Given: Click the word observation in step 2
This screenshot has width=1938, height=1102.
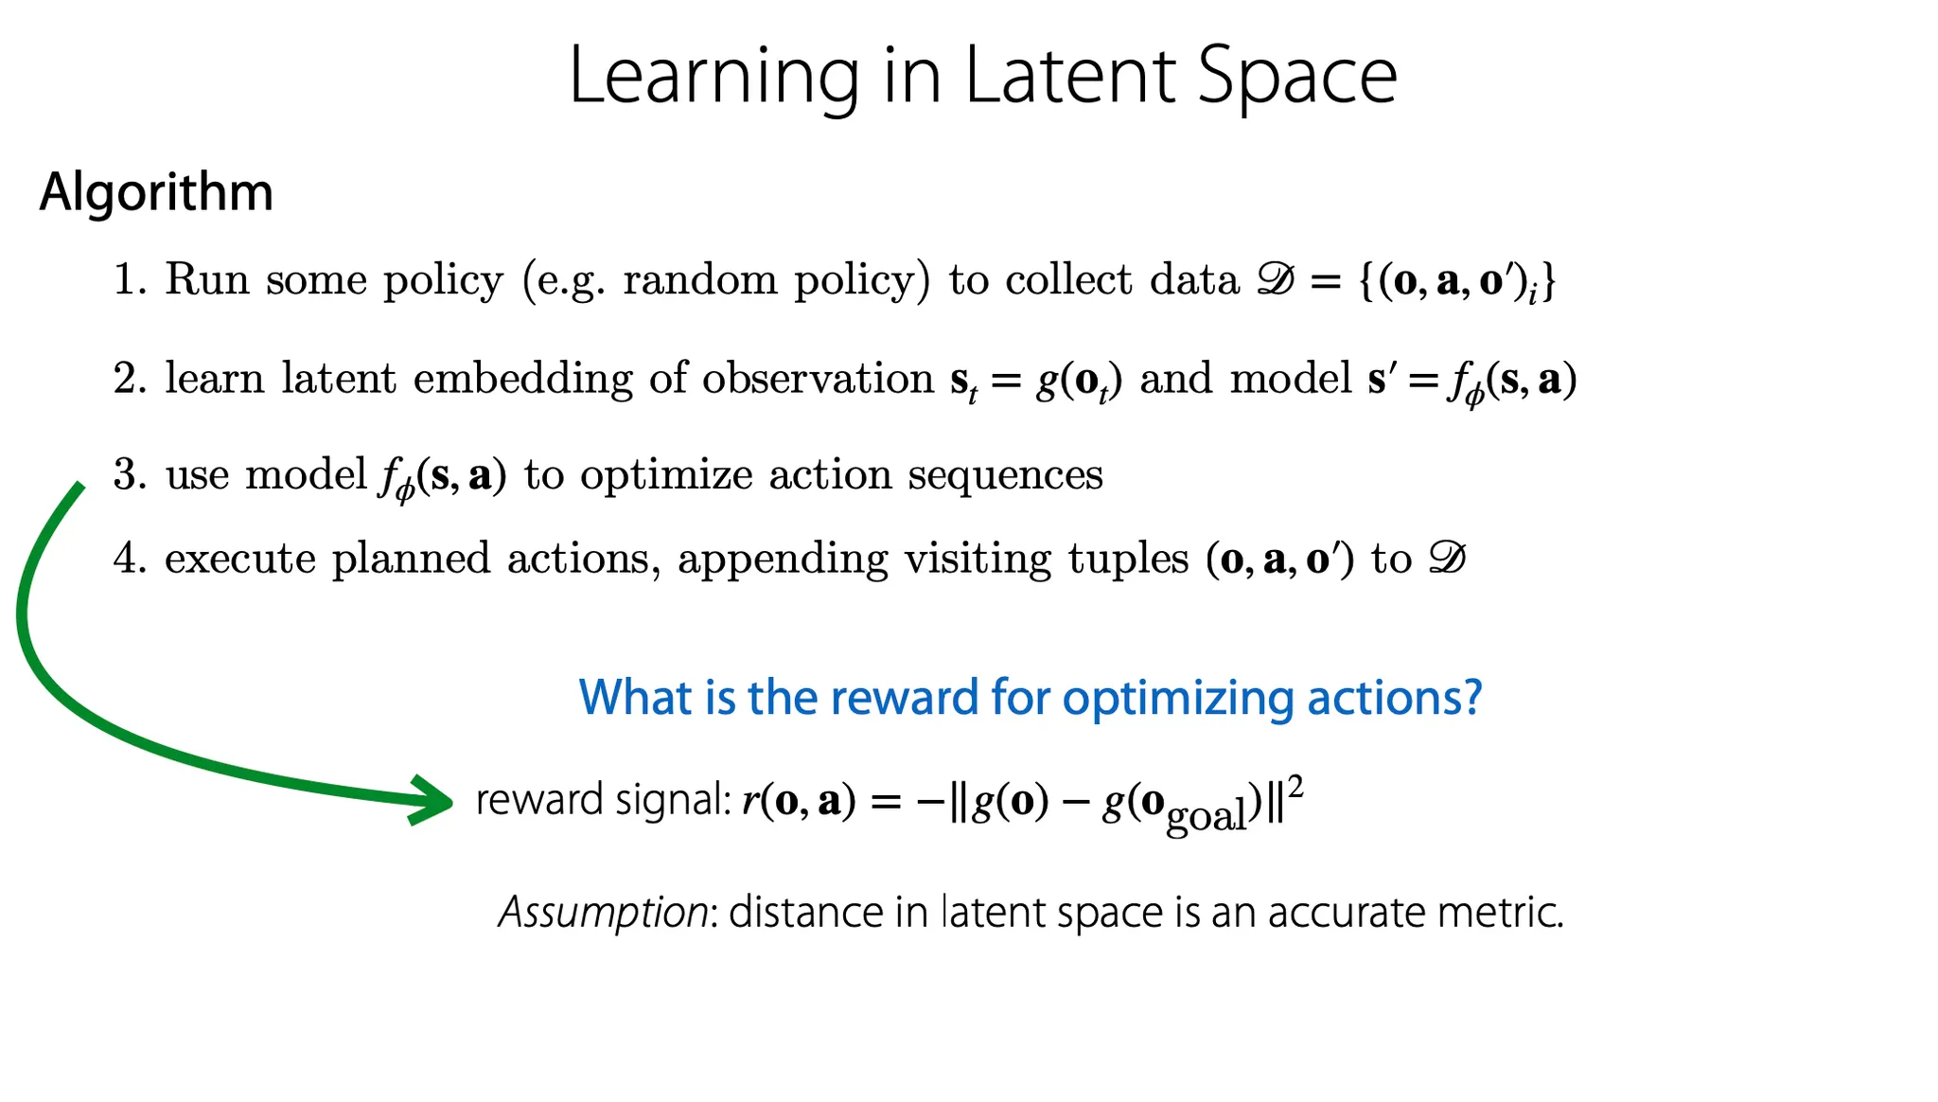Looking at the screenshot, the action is (x=819, y=378).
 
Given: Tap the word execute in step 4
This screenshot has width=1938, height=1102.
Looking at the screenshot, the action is (x=240, y=559).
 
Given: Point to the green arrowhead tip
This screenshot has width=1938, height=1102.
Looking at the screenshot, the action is (x=453, y=802).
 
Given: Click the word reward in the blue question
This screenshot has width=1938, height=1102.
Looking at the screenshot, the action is (x=906, y=698).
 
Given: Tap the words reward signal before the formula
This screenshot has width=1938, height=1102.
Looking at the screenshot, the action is (x=604, y=801).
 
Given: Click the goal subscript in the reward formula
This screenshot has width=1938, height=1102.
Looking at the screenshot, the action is (x=1207, y=815).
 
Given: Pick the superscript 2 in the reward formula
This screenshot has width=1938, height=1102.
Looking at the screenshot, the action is (x=1295, y=787).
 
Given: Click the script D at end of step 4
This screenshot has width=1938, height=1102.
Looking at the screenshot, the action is (x=1448, y=558).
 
